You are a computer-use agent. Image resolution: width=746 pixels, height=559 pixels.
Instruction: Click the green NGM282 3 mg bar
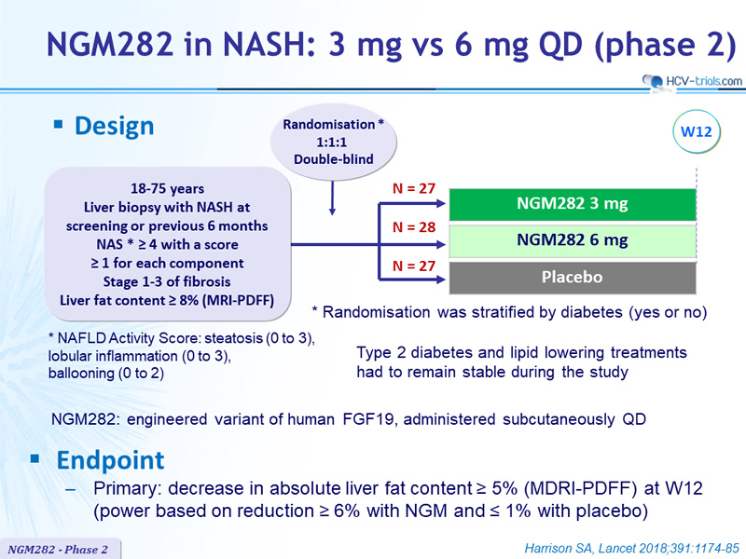[573, 204]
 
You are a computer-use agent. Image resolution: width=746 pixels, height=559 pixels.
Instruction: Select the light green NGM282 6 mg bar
[573, 241]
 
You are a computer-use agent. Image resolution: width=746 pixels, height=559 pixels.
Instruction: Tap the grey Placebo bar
[573, 278]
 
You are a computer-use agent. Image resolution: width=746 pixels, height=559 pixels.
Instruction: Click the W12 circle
[697, 131]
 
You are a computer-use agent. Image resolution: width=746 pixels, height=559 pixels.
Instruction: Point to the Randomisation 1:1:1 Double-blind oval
[333, 142]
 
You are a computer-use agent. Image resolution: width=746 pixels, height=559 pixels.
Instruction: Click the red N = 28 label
[414, 227]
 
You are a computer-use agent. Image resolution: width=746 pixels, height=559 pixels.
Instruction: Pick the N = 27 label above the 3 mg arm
[414, 189]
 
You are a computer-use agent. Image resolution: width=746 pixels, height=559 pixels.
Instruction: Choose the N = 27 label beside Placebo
[414, 266]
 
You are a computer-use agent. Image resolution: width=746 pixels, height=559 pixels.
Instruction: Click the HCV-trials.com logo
[692, 81]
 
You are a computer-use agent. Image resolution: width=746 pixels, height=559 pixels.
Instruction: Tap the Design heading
[114, 127]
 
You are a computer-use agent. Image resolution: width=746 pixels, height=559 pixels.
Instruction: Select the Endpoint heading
[110, 460]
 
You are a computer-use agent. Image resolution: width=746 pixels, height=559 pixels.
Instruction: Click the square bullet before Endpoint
[35, 458]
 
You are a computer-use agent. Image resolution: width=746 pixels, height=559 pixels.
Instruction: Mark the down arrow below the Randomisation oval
[332, 198]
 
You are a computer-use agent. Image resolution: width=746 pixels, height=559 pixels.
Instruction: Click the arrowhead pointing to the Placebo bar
[439, 279]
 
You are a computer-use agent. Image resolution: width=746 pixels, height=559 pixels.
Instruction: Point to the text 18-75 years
[168, 189]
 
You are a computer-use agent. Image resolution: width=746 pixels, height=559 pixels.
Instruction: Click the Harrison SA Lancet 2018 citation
[632, 549]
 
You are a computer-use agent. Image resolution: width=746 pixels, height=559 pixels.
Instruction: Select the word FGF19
[367, 419]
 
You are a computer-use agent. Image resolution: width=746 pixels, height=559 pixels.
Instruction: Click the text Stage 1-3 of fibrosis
[167, 282]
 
